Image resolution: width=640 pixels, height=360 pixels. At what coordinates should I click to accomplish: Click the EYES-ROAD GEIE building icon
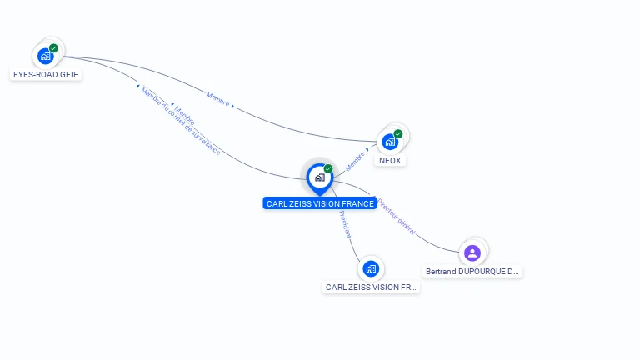(x=45, y=57)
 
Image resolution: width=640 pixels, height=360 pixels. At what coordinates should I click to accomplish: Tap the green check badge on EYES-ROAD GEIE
(x=53, y=48)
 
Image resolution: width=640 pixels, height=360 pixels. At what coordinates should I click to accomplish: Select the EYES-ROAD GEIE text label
(x=46, y=74)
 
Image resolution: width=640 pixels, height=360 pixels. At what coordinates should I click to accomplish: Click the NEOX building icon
(x=389, y=142)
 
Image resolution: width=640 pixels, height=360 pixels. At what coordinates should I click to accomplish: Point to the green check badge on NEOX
(x=398, y=133)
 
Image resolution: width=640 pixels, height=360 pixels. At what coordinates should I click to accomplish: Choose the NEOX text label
(x=390, y=160)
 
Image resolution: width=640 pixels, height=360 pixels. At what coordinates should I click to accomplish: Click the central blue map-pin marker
(x=319, y=177)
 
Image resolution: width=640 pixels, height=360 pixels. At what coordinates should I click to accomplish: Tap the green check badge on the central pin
(x=328, y=169)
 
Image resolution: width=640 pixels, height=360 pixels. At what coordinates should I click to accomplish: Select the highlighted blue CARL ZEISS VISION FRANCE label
(x=320, y=203)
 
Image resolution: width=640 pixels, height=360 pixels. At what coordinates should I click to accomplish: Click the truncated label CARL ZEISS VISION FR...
(x=372, y=287)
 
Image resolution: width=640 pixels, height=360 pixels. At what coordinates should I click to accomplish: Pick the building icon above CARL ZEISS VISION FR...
(x=371, y=268)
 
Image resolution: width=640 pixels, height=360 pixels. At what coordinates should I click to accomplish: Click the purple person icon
(x=472, y=252)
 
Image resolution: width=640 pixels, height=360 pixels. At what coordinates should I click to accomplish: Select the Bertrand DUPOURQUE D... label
(x=472, y=271)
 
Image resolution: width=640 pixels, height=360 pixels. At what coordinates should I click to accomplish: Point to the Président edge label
(x=345, y=224)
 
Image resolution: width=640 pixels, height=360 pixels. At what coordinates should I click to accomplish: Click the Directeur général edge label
(x=396, y=216)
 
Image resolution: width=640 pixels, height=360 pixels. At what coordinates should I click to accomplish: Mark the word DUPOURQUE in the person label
(x=481, y=271)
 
